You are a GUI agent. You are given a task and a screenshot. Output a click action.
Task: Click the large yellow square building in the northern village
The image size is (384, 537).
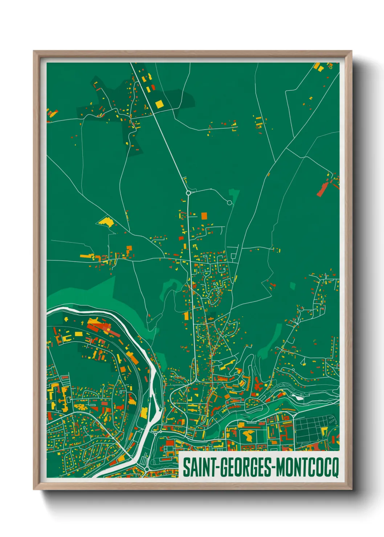[x=159, y=104]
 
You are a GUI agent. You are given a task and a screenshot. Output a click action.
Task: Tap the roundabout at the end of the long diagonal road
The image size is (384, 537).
[x=188, y=193]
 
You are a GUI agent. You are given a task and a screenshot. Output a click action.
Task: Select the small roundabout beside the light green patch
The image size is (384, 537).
[x=229, y=202]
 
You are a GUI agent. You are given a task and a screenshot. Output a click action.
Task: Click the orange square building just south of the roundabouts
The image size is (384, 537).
[x=204, y=216]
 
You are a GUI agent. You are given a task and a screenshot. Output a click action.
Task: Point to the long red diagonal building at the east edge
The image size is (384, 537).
[x=322, y=189]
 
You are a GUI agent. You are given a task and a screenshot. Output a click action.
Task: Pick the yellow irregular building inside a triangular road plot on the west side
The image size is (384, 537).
[x=106, y=221]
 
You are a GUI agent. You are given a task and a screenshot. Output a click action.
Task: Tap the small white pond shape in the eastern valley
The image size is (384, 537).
[x=298, y=397]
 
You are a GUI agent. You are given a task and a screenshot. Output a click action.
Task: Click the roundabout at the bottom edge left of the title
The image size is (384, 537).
[x=147, y=469]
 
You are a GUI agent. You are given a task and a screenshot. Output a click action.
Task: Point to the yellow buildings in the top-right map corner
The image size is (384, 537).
[x=318, y=67]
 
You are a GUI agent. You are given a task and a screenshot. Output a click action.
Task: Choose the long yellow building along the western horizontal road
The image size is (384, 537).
[x=87, y=257]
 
